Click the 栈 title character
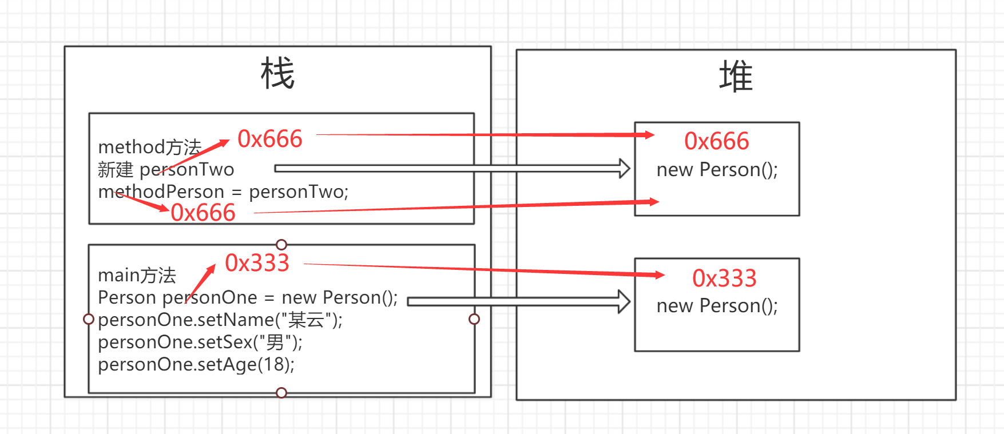pos(277,74)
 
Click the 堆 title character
pos(735,77)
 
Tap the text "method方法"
pos(150,148)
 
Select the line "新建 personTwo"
pos(166,170)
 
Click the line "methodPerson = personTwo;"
pos(223,192)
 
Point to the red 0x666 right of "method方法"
pos(270,139)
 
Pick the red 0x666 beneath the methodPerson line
pos(203,213)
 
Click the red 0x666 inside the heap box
pos(716,141)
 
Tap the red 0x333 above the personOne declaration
pos(257,263)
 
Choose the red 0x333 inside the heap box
pos(724,278)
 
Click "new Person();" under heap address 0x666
pos(717,170)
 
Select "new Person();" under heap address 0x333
pos(717,306)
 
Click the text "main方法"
pos(137,276)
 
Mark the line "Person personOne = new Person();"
pos(248,297)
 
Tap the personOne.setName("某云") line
pos(220,320)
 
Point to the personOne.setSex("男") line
pos(200,342)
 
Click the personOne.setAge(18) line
pos(196,364)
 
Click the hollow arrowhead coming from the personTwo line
pos(624,169)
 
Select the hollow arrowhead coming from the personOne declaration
pos(624,301)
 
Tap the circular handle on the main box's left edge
pos(89,319)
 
